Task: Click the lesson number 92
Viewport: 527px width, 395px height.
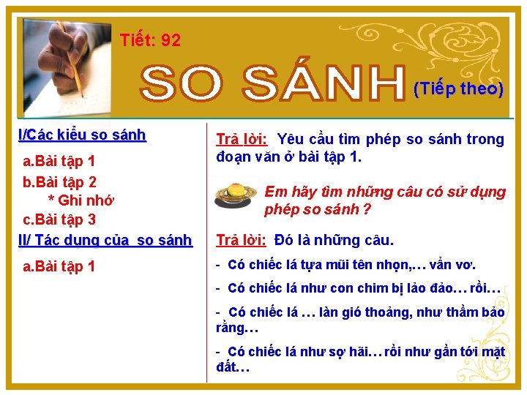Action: pyautogui.click(x=170, y=40)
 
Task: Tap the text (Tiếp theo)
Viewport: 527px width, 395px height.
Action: pyautogui.click(x=458, y=89)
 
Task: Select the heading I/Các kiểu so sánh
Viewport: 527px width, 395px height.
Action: pyautogui.click(x=82, y=135)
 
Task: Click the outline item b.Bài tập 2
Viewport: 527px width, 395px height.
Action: pyautogui.click(x=60, y=181)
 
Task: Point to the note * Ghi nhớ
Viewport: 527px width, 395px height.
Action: pyautogui.click(x=81, y=200)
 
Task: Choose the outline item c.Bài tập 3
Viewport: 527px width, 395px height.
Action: pyautogui.click(x=60, y=219)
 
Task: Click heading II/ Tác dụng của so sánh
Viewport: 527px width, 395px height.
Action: pyautogui.click(x=105, y=240)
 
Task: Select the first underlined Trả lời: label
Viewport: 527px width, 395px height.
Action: pyautogui.click(x=242, y=139)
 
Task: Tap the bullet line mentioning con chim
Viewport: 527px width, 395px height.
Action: pyautogui.click(x=359, y=288)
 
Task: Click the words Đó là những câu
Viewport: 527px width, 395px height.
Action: pyautogui.click(x=334, y=240)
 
